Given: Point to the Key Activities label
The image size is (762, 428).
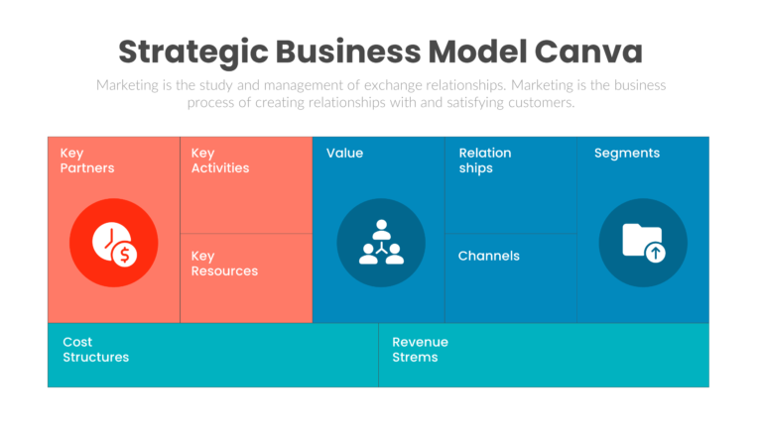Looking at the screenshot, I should click(x=219, y=160).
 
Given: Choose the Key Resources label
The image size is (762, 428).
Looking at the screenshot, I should click(x=224, y=264).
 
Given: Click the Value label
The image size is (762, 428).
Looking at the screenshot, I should click(x=344, y=154).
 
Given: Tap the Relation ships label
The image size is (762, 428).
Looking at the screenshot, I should click(x=484, y=160).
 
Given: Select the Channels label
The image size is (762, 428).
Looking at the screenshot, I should click(x=488, y=256).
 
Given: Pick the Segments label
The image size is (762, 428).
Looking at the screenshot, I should click(x=626, y=154).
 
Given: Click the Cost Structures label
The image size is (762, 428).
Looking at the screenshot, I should click(x=95, y=350).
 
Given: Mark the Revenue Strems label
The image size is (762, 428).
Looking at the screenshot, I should click(x=420, y=350).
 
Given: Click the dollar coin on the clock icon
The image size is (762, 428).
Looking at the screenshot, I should click(x=125, y=255).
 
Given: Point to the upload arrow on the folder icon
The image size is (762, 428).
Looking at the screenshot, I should click(x=655, y=253).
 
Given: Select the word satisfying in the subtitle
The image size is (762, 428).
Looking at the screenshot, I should click(x=467, y=102).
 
